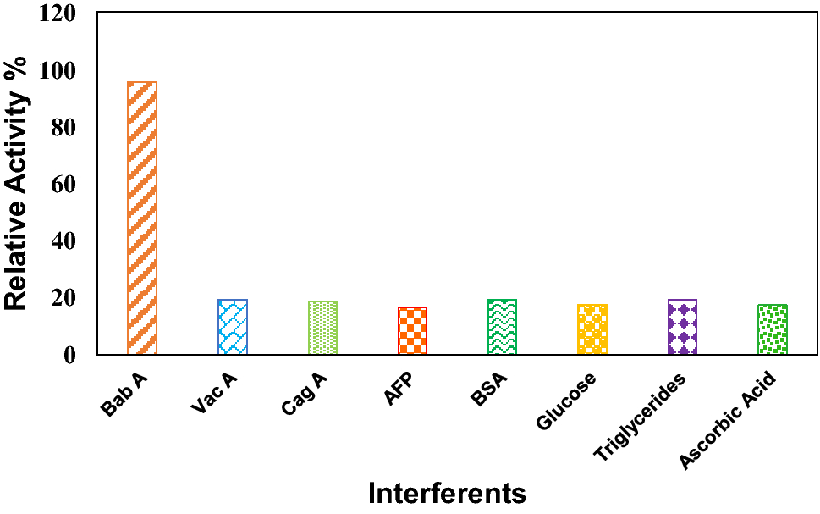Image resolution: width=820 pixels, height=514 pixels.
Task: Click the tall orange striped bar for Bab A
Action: pos(141,218)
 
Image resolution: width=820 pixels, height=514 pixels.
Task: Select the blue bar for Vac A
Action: pos(232,327)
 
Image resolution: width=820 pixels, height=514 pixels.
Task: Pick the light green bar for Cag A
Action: pos(322,328)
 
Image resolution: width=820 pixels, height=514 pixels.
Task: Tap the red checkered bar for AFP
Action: pos(412,330)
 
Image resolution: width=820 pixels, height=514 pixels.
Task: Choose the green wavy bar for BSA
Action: pos(502,327)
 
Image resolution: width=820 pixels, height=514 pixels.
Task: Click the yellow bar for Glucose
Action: pos(592,329)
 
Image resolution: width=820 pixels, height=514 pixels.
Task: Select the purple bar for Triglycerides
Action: pos(682,327)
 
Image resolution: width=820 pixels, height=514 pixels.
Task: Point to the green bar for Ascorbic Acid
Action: pos(772,329)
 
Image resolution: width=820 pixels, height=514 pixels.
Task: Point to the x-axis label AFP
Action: pos(399,392)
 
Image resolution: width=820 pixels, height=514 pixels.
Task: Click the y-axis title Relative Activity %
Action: pos(19,184)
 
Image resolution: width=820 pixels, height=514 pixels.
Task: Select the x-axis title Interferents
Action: pos(447,493)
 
